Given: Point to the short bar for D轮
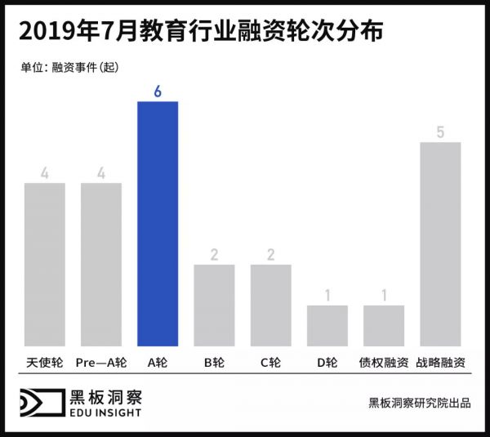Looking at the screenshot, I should click(x=327, y=325).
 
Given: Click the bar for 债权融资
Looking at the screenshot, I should click(x=384, y=325).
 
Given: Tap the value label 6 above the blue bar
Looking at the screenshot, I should click(x=158, y=91).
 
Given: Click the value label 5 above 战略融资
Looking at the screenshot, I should click(x=440, y=132).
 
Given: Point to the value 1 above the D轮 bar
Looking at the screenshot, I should click(x=327, y=295).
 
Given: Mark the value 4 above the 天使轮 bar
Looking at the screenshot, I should click(x=45, y=172).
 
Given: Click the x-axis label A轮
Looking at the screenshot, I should click(x=158, y=360).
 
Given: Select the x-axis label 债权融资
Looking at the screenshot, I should click(x=384, y=360).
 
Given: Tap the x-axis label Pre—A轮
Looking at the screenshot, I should click(x=101, y=360).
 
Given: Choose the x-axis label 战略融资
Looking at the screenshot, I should click(x=440, y=360).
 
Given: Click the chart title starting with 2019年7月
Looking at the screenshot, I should click(x=199, y=33).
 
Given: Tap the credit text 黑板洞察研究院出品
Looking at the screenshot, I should click(x=419, y=403).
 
